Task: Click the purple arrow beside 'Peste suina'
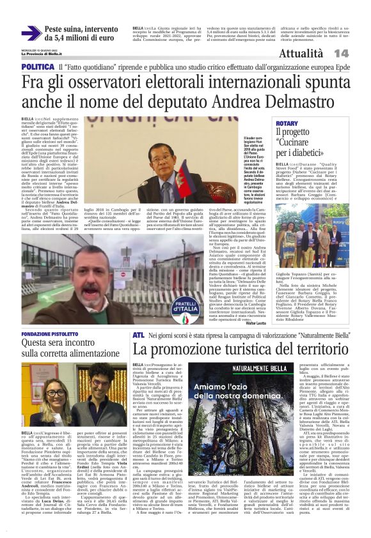pyautogui.click(x=31, y=33)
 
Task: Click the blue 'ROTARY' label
pyautogui.click(x=287, y=122)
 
